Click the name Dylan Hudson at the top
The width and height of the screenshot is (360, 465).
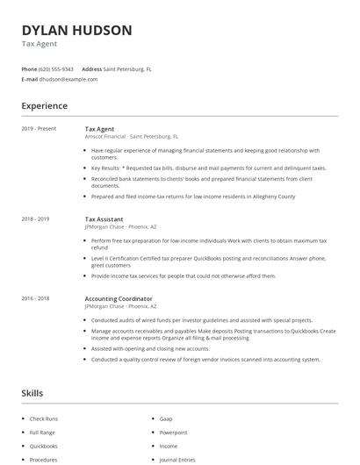pos(76,31)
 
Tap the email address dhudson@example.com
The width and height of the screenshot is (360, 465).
pos(69,79)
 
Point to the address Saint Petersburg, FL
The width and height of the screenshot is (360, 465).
pos(127,68)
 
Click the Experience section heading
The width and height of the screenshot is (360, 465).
pos(44,106)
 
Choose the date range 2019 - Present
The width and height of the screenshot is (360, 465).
pos(39,129)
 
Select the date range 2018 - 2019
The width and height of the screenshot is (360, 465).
pos(35,218)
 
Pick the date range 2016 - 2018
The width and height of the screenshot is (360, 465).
pos(35,298)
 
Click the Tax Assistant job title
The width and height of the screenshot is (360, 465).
pos(104,218)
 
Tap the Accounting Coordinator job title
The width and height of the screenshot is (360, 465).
pos(119,298)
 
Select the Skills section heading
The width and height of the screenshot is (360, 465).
pos(32,393)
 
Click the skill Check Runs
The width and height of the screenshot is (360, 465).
pos(44,418)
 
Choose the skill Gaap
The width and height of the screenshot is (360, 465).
pos(167,418)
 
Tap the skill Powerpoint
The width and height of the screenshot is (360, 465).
pos(173,433)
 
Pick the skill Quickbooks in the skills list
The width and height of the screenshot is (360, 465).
pos(43,446)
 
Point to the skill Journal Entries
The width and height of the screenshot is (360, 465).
pos(176,460)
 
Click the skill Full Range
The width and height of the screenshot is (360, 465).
pos(42,433)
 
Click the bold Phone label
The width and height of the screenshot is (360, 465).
pos(29,68)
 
